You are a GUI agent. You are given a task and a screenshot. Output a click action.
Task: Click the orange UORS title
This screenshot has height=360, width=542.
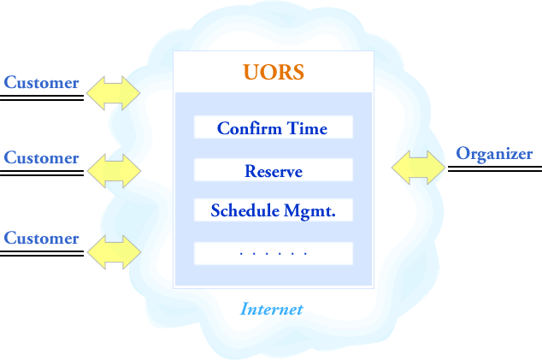[274, 72]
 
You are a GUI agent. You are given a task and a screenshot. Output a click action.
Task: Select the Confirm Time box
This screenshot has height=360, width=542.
[274, 127]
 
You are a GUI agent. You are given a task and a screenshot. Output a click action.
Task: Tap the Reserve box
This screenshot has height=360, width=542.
[274, 170]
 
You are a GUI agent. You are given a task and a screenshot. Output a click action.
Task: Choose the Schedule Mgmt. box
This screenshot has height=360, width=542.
[274, 210]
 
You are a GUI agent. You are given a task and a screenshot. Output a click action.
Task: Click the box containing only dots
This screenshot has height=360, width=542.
[274, 253]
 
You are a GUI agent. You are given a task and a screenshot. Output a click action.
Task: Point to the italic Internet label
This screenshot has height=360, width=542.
[272, 309]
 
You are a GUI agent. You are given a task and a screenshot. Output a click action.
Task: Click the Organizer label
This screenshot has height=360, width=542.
[494, 154]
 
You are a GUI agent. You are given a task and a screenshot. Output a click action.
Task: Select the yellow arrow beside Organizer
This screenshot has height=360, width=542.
[418, 168]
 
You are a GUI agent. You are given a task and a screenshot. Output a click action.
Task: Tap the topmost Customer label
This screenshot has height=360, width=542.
[42, 83]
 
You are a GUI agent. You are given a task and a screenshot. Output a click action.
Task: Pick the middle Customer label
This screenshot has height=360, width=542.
[42, 157]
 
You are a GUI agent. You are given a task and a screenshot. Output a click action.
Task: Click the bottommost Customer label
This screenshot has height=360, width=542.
[42, 239]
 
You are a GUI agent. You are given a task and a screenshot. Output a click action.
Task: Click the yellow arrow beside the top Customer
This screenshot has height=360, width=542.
[114, 93]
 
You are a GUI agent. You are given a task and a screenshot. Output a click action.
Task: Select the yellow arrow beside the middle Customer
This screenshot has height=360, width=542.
[114, 171]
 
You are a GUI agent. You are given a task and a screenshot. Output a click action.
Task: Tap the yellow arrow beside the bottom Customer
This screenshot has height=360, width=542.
[114, 252]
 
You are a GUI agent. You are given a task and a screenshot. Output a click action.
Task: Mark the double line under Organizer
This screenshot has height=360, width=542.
[495, 168]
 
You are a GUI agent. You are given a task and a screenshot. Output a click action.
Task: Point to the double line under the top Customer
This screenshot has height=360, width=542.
[42, 97]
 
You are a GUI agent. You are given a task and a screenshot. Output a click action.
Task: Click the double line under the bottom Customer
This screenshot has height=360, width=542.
[42, 253]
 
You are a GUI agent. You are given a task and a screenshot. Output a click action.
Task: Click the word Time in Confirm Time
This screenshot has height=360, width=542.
[307, 128]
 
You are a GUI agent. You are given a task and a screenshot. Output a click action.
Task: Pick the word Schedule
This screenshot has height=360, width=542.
[245, 210]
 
